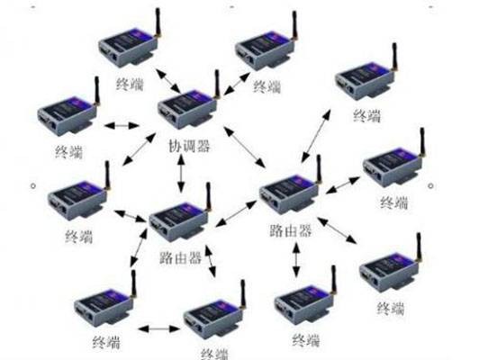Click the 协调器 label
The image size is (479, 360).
point(189,147)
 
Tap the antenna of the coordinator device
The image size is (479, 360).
point(217,85)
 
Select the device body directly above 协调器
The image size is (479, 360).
point(187,109)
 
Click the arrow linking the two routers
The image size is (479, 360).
point(236,213)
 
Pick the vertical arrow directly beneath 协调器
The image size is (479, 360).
point(182,173)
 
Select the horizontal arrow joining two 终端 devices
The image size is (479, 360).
point(158,328)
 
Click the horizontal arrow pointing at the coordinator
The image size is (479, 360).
point(122,125)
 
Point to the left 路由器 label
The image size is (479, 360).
point(181,258)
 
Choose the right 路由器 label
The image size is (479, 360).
point(291,230)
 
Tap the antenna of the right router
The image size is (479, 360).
point(319,169)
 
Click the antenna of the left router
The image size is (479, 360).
point(208,197)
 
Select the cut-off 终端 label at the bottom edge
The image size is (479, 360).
point(214,355)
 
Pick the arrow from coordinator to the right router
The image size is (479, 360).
point(244,147)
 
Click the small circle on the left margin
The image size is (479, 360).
point(33,185)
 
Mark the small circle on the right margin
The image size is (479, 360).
point(430,185)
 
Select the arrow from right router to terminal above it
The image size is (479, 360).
point(315,136)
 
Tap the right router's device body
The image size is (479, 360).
point(289,193)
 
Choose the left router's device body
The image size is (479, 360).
point(179,221)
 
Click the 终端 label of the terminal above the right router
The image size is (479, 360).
point(366,116)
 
